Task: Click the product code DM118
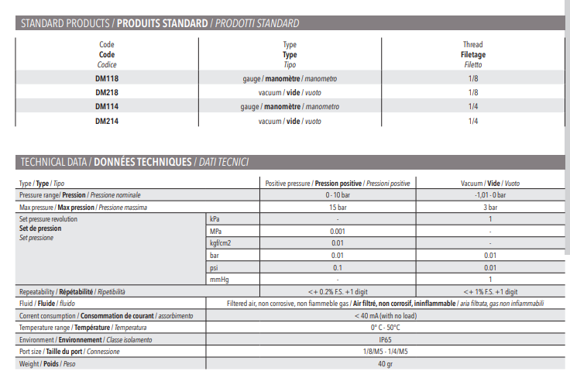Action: [x=107, y=79]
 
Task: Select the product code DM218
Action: [x=107, y=92]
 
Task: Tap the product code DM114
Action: [x=107, y=106]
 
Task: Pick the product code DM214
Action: [x=107, y=120]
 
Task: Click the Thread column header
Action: [x=472, y=45]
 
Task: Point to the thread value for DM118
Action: [x=473, y=79]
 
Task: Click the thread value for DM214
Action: [x=473, y=120]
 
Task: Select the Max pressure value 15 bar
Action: [x=338, y=208]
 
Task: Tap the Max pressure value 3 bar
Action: [x=489, y=208]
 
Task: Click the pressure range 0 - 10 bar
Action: [x=338, y=195]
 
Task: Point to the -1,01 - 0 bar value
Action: [x=489, y=195]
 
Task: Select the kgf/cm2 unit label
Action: [x=221, y=243]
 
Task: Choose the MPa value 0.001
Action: [x=338, y=231]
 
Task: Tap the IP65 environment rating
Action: [x=385, y=339]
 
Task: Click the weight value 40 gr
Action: [x=385, y=363]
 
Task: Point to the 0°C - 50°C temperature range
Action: [x=385, y=327]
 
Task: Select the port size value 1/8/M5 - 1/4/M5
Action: [x=385, y=352]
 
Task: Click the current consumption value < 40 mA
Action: [x=385, y=315]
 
